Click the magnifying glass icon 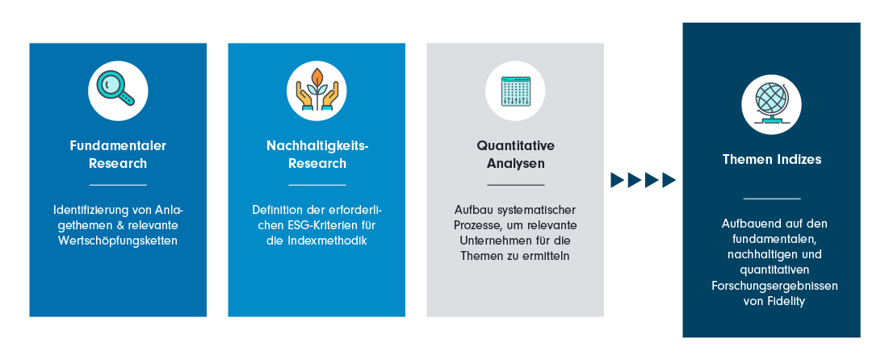[x=115, y=89]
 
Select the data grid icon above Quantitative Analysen [x=515, y=90]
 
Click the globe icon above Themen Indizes [x=771, y=104]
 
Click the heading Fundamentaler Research [x=118, y=154]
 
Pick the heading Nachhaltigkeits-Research [x=317, y=154]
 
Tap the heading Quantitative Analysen [x=515, y=154]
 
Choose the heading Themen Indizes [x=772, y=159]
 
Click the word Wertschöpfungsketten [x=118, y=241]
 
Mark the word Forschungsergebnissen [x=774, y=286]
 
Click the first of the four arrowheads [x=618, y=180]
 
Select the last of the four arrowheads [x=669, y=180]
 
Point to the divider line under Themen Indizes [x=772, y=199]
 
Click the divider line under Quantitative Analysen [x=515, y=184]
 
